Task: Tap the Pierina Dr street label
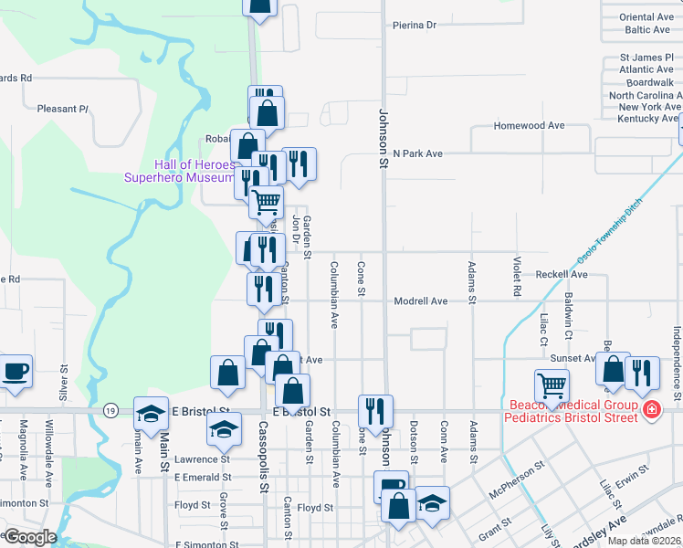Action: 415,26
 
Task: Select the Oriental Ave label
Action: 646,17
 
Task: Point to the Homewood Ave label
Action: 529,126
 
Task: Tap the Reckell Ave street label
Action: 562,274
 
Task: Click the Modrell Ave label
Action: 421,300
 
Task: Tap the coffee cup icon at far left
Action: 16,372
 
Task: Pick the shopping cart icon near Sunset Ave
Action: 552,386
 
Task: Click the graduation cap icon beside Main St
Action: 152,413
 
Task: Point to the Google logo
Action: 29,537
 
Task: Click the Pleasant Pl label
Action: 62,109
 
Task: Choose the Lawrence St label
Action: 202,458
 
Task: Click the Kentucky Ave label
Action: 648,119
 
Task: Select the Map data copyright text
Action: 645,541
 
